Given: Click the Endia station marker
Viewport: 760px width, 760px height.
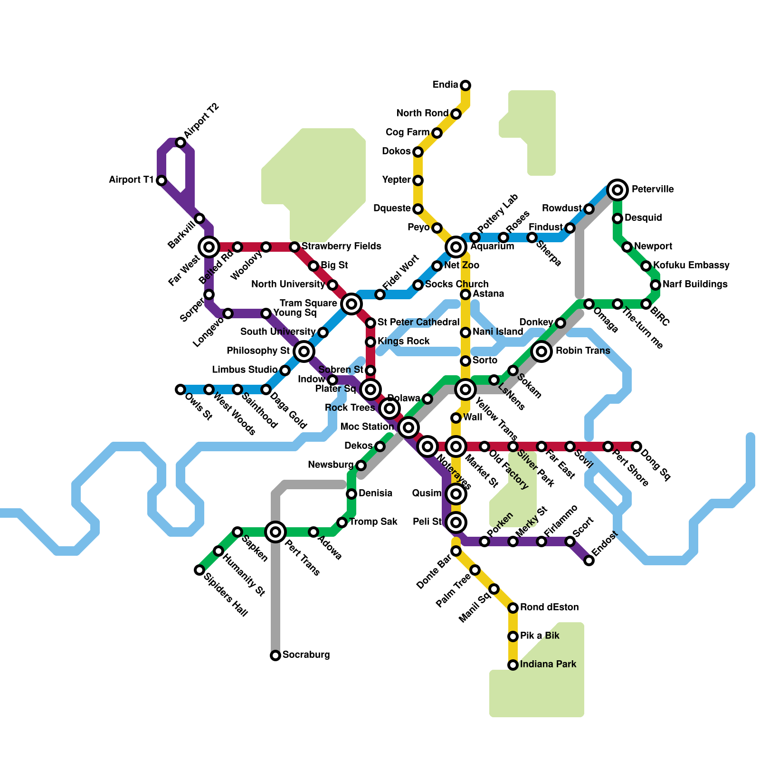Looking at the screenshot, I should pyautogui.click(x=465, y=85).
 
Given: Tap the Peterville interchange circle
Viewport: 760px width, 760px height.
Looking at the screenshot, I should pyautogui.click(x=617, y=190).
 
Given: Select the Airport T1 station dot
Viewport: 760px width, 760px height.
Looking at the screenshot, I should pyautogui.click(x=161, y=180).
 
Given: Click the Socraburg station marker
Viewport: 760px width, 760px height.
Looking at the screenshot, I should pyautogui.click(x=275, y=655).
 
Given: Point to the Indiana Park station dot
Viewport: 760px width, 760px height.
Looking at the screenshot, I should pyautogui.click(x=513, y=665).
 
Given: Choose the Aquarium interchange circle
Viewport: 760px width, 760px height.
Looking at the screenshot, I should pyautogui.click(x=456, y=247).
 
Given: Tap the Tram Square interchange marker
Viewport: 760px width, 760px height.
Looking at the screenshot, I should pyautogui.click(x=351, y=304).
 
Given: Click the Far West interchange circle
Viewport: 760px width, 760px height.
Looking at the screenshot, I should pyautogui.click(x=209, y=247).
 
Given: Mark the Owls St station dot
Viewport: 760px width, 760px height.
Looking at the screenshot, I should pyautogui.click(x=180, y=389).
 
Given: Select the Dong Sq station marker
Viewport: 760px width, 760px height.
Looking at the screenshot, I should pyautogui.click(x=636, y=446).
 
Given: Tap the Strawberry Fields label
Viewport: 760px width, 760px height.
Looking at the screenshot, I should pyautogui.click(x=341, y=246).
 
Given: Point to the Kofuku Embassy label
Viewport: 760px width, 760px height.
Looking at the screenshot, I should pyautogui.click(x=691, y=265).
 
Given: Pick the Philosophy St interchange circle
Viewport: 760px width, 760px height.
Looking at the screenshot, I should pyautogui.click(x=304, y=351).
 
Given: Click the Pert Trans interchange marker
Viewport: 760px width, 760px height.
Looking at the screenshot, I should pyautogui.click(x=275, y=532).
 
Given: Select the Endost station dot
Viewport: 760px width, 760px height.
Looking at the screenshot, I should pyautogui.click(x=589, y=560).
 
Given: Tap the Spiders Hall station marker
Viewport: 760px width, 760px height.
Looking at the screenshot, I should pyautogui.click(x=199, y=570).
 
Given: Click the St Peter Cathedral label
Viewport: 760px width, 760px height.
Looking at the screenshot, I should pyautogui.click(x=418, y=323).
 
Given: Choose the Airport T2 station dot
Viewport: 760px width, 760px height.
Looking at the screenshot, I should pyautogui.click(x=180, y=142).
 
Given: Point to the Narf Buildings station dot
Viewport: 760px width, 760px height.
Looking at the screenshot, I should pyautogui.click(x=655, y=285).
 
